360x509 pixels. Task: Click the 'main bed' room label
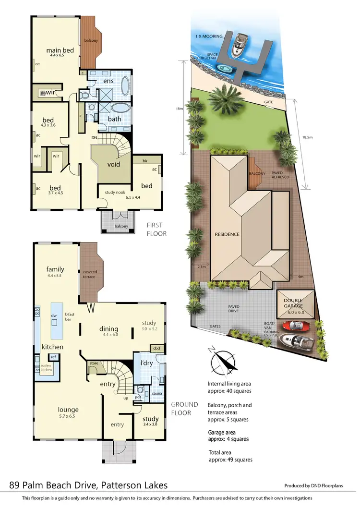point(56,50)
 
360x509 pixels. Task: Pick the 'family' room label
point(55,269)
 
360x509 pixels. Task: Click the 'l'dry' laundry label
point(146,363)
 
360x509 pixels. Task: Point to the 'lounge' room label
point(68,410)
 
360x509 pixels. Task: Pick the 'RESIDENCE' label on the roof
point(227,234)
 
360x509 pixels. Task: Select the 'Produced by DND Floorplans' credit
point(317,485)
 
